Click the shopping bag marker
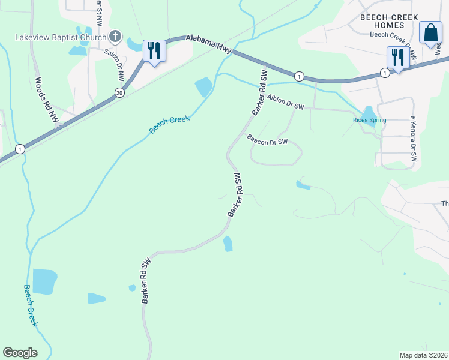tap(430, 33)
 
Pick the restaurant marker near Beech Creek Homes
tap(398, 57)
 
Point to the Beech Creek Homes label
tap(389, 22)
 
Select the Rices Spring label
tap(369, 120)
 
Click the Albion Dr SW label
tap(286, 103)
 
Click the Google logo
tap(20, 352)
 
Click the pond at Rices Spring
tap(369, 112)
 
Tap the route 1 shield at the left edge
tap(20, 149)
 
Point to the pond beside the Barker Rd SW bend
tap(228, 244)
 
